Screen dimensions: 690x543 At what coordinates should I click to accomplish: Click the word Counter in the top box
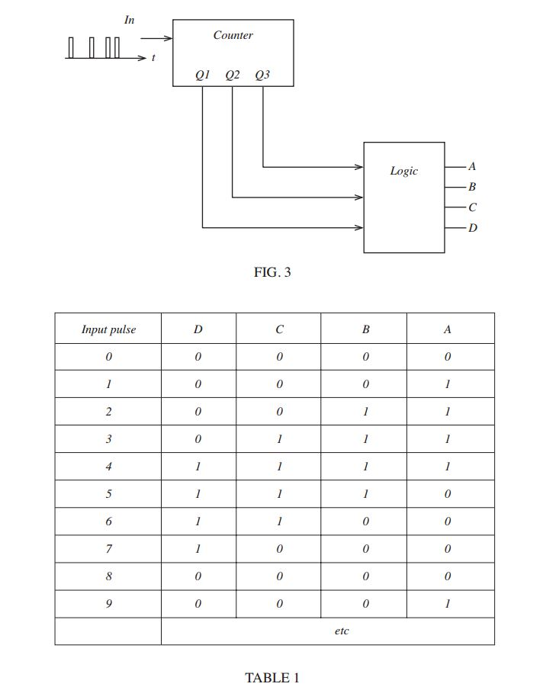233,35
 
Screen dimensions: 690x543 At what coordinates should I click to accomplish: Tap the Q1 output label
202,75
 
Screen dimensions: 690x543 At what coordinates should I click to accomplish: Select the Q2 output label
233,75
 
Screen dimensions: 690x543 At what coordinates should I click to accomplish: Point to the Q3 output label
262,75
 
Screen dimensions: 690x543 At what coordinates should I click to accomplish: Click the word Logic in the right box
403,171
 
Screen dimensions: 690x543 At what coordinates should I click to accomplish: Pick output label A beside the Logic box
472,166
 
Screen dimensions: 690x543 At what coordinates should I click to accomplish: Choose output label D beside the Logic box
472,227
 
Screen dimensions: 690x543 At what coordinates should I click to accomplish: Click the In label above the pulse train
130,20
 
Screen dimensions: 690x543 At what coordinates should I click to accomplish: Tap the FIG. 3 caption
272,272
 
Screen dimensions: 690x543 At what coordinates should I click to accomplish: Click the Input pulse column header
108,329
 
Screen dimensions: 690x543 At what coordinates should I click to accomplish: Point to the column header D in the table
198,329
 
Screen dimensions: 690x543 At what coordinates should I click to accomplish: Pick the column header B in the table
365,329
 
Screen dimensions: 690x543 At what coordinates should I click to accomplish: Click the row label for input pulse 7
108,549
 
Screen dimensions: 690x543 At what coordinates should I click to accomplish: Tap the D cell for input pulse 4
198,467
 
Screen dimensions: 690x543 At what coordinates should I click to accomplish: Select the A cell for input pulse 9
448,604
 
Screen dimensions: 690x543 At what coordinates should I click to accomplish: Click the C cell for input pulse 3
279,439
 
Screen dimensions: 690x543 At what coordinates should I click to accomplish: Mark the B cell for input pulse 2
365,412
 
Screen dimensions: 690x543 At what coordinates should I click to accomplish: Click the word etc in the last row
342,631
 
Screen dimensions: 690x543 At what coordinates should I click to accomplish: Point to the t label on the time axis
153,58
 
